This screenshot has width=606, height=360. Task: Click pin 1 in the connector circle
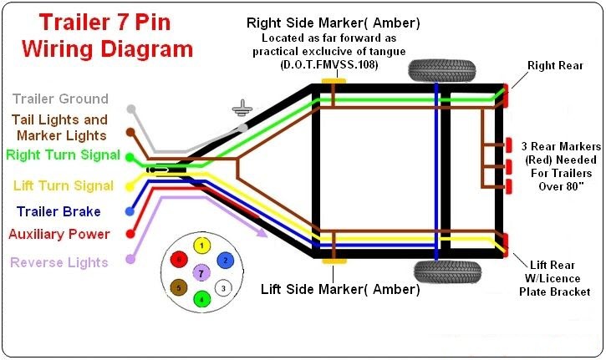pyautogui.click(x=201, y=246)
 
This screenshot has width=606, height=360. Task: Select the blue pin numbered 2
pyautogui.click(x=226, y=261)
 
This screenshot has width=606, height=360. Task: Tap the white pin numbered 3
pyautogui.click(x=223, y=288)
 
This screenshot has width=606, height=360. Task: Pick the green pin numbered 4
pyautogui.click(x=201, y=298)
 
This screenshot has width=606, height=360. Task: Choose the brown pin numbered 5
pyautogui.click(x=179, y=288)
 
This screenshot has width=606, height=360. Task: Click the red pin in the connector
pyautogui.click(x=179, y=260)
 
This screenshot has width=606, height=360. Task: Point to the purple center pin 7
pyautogui.click(x=201, y=274)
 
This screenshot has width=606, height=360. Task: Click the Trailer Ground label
pyautogui.click(x=60, y=99)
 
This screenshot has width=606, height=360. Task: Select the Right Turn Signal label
pyautogui.click(x=64, y=155)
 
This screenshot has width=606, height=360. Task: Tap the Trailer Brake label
pyautogui.click(x=59, y=211)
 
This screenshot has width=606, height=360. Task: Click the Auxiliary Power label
pyautogui.click(x=59, y=234)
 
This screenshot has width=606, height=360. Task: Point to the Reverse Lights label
pyautogui.click(x=59, y=262)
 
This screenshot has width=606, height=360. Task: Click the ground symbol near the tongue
pyautogui.click(x=242, y=108)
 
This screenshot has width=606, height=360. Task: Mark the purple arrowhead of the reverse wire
pyautogui.click(x=262, y=232)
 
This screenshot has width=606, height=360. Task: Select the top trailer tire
pyautogui.click(x=442, y=70)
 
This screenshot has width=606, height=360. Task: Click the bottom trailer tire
pyautogui.click(x=447, y=272)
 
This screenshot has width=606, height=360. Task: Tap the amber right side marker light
pyautogui.click(x=334, y=82)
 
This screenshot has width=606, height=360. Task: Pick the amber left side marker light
pyautogui.click(x=334, y=261)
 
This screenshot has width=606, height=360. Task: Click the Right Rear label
pyautogui.click(x=555, y=66)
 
